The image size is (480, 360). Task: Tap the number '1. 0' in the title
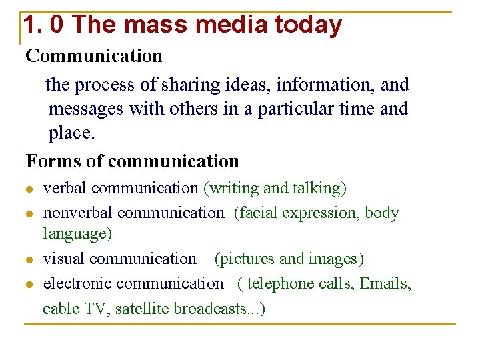coord(44,25)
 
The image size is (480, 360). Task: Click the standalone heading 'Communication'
coord(94,56)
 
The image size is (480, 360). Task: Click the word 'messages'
coord(86,109)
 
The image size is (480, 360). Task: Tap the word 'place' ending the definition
coord(70,133)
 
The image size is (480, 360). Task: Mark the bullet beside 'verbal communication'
coord(29,189)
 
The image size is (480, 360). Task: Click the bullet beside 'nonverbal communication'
coord(29,214)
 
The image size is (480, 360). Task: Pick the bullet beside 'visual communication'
coord(29,259)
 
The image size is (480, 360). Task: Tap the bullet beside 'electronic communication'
coord(29,285)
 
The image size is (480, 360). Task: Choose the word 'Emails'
coord(385,284)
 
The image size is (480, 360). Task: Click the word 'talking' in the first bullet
coord(317,189)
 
